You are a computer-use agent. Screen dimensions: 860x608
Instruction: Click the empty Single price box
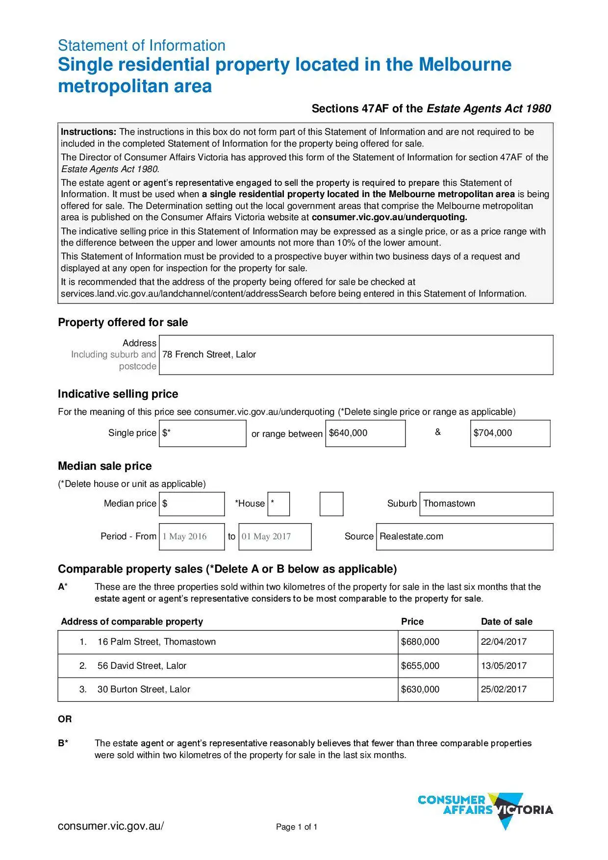(203, 433)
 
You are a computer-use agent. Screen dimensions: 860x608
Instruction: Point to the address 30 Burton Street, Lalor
(144, 689)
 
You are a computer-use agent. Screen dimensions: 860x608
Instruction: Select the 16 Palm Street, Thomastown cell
(156, 642)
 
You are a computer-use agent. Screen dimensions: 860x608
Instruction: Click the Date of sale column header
(507, 622)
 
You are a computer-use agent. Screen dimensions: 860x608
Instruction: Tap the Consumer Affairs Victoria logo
(485, 809)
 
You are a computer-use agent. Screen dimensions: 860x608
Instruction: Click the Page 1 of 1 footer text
(297, 827)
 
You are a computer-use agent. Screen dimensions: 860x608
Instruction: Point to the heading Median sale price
(105, 466)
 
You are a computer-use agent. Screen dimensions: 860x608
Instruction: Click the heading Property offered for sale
(123, 322)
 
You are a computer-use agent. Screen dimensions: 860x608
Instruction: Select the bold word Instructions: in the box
(88, 132)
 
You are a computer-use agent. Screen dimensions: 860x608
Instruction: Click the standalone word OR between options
(65, 719)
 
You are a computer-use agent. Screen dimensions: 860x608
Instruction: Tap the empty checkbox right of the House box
(331, 504)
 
